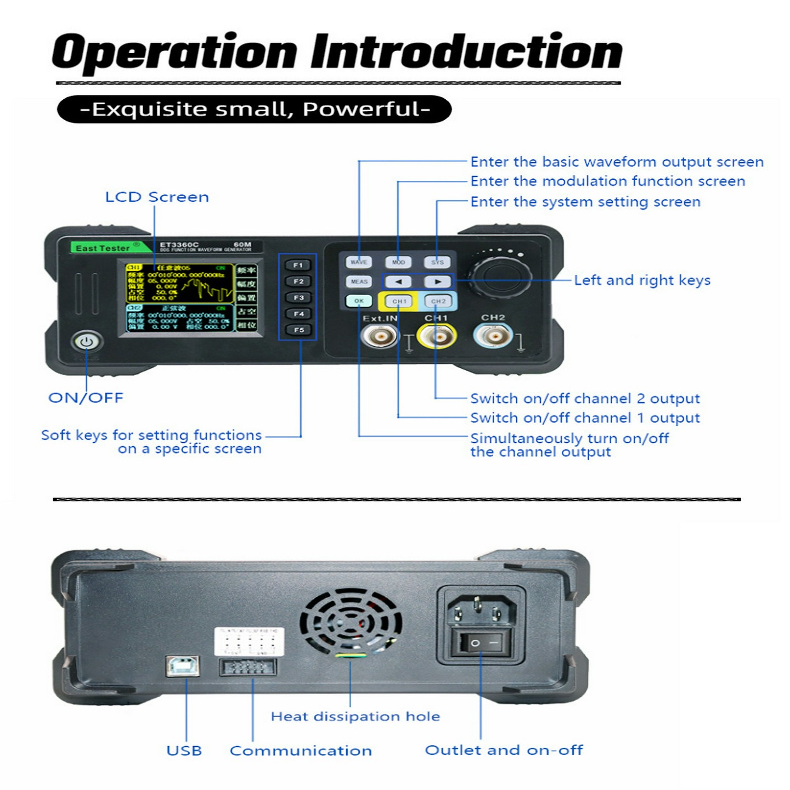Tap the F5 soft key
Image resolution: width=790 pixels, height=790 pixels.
click(x=298, y=330)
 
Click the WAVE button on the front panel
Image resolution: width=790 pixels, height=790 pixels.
click(x=359, y=262)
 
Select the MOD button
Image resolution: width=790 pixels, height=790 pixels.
click(x=398, y=262)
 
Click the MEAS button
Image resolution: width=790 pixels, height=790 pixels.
click(x=359, y=281)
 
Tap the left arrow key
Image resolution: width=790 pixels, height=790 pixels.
click(x=398, y=281)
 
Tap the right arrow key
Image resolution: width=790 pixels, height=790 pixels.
click(x=437, y=281)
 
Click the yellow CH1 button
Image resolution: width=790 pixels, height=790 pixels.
click(x=399, y=301)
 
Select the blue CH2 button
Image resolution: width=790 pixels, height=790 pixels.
click(x=438, y=301)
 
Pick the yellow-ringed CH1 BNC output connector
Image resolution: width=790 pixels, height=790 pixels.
click(x=436, y=336)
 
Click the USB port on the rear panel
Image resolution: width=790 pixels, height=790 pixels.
click(x=182, y=665)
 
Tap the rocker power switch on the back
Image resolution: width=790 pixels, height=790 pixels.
click(x=481, y=642)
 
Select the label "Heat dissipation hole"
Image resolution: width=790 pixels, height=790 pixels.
click(x=355, y=716)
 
